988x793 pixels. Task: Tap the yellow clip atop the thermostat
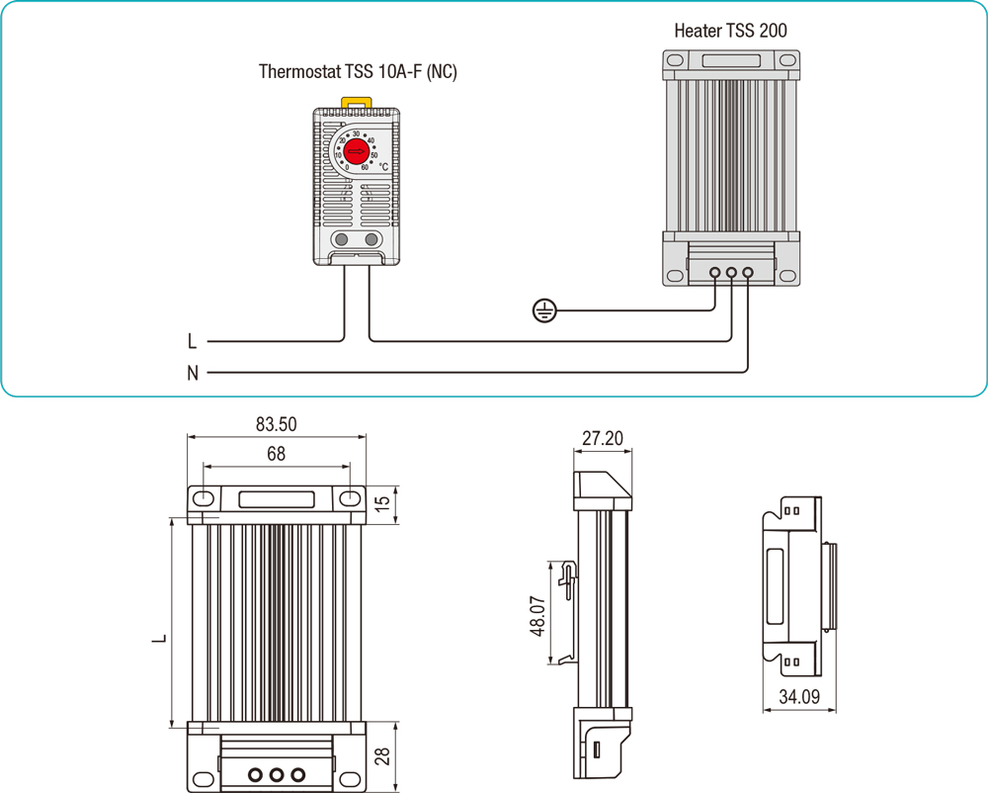pyautogui.click(x=355, y=101)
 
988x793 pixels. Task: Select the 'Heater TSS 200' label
pyautogui.click(x=730, y=31)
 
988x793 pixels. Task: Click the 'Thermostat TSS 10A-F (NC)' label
pyautogui.click(x=358, y=71)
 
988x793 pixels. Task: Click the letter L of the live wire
pyautogui.click(x=192, y=342)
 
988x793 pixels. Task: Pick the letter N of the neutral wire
pyautogui.click(x=192, y=373)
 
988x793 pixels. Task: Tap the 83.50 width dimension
pyautogui.click(x=277, y=424)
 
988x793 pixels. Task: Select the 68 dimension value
pyautogui.click(x=277, y=454)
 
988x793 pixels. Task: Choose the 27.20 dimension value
pyautogui.click(x=602, y=438)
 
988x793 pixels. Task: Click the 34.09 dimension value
pyautogui.click(x=798, y=697)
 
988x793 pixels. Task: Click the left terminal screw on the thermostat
pyautogui.click(x=341, y=239)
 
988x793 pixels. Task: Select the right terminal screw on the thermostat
pyautogui.click(x=371, y=239)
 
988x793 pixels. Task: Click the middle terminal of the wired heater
pyautogui.click(x=731, y=272)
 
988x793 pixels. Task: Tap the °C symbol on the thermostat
pyautogui.click(x=383, y=167)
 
